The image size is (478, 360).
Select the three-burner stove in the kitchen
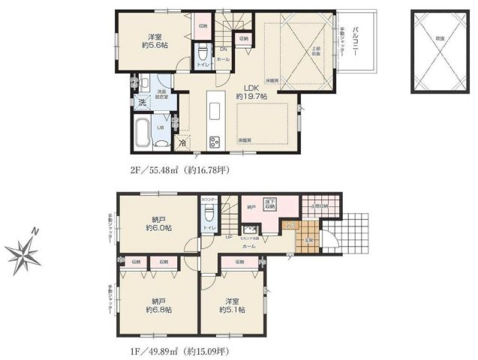[214, 142]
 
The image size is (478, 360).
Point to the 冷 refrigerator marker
[182, 142]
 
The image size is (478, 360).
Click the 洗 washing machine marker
[140, 102]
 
